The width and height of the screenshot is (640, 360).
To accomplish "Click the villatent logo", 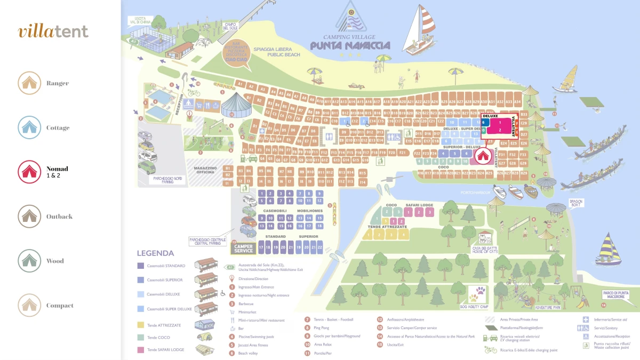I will coord(53,31).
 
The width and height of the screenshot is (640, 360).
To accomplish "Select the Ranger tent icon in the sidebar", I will coord(29,83).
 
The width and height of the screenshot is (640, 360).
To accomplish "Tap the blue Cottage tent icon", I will coord(29,127).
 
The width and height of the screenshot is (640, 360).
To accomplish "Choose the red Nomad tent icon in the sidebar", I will coord(29,172).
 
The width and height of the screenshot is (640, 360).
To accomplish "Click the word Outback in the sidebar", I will coord(59,217).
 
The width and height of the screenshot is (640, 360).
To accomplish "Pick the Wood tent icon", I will coord(29,261).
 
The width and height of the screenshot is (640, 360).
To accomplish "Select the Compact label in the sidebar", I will coord(60,306).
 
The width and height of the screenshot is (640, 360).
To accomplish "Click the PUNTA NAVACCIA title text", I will coord(350,46).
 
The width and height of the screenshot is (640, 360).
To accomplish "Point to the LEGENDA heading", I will coord(155,253).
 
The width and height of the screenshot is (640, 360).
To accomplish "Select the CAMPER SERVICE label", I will coord(244,248).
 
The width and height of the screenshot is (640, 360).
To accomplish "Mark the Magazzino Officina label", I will coord(205,169).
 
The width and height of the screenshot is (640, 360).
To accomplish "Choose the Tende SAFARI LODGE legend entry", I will coord(165,350).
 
